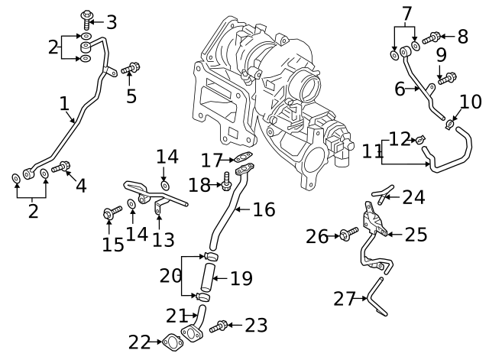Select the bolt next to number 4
[x=60, y=167]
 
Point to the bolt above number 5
[x=130, y=68]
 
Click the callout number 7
[x=406, y=13]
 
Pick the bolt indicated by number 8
[x=432, y=36]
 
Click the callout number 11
[x=372, y=151]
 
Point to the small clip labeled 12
[x=419, y=138]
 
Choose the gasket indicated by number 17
[x=244, y=161]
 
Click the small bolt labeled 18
[x=226, y=182]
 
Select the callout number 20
[x=170, y=274]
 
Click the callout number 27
[x=344, y=298]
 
